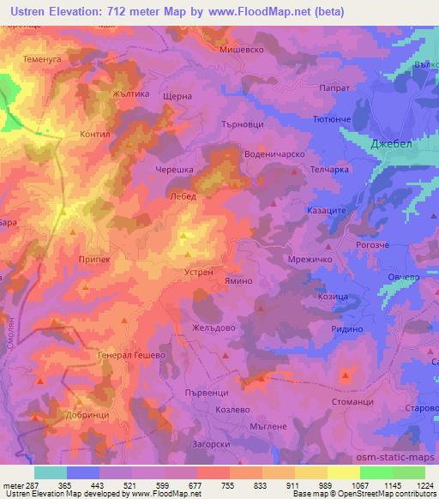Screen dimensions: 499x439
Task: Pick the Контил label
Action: click(94, 135)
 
